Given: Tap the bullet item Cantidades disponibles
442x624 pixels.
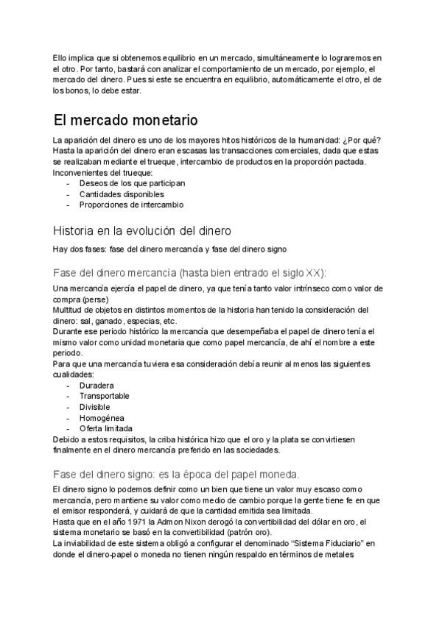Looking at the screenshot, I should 122,194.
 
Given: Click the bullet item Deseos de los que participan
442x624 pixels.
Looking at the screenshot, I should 132,183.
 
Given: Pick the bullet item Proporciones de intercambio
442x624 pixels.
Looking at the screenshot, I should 131,205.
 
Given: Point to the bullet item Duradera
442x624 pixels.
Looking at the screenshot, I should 97,385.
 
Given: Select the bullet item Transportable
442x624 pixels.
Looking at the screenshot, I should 104,396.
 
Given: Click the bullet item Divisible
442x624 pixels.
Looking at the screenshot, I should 95,406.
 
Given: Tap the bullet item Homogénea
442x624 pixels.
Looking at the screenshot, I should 102,417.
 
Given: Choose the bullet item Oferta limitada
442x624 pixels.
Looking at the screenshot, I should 106,428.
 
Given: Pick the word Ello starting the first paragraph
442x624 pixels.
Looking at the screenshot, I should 63,58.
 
